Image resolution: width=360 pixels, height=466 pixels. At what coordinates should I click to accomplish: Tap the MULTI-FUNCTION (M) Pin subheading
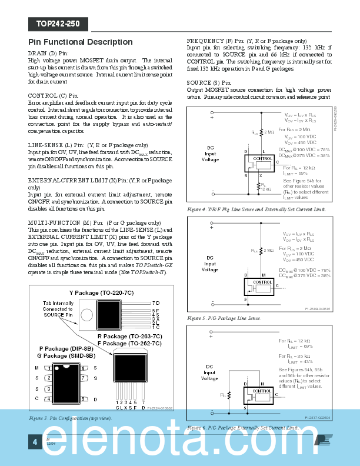pyautogui.click(x=64, y=222)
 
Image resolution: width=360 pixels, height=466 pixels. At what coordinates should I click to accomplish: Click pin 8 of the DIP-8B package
pyautogui.click(x=83, y=368)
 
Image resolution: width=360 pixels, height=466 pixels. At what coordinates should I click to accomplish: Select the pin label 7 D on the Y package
pyautogui.click(x=155, y=302)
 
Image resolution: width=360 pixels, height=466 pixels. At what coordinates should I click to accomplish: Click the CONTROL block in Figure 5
pyautogui.click(x=262, y=282)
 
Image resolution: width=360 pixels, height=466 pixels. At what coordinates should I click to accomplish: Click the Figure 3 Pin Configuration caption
pyautogui.click(x=70, y=418)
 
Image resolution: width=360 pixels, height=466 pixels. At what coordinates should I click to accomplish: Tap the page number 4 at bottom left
pyautogui.click(x=35, y=441)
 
